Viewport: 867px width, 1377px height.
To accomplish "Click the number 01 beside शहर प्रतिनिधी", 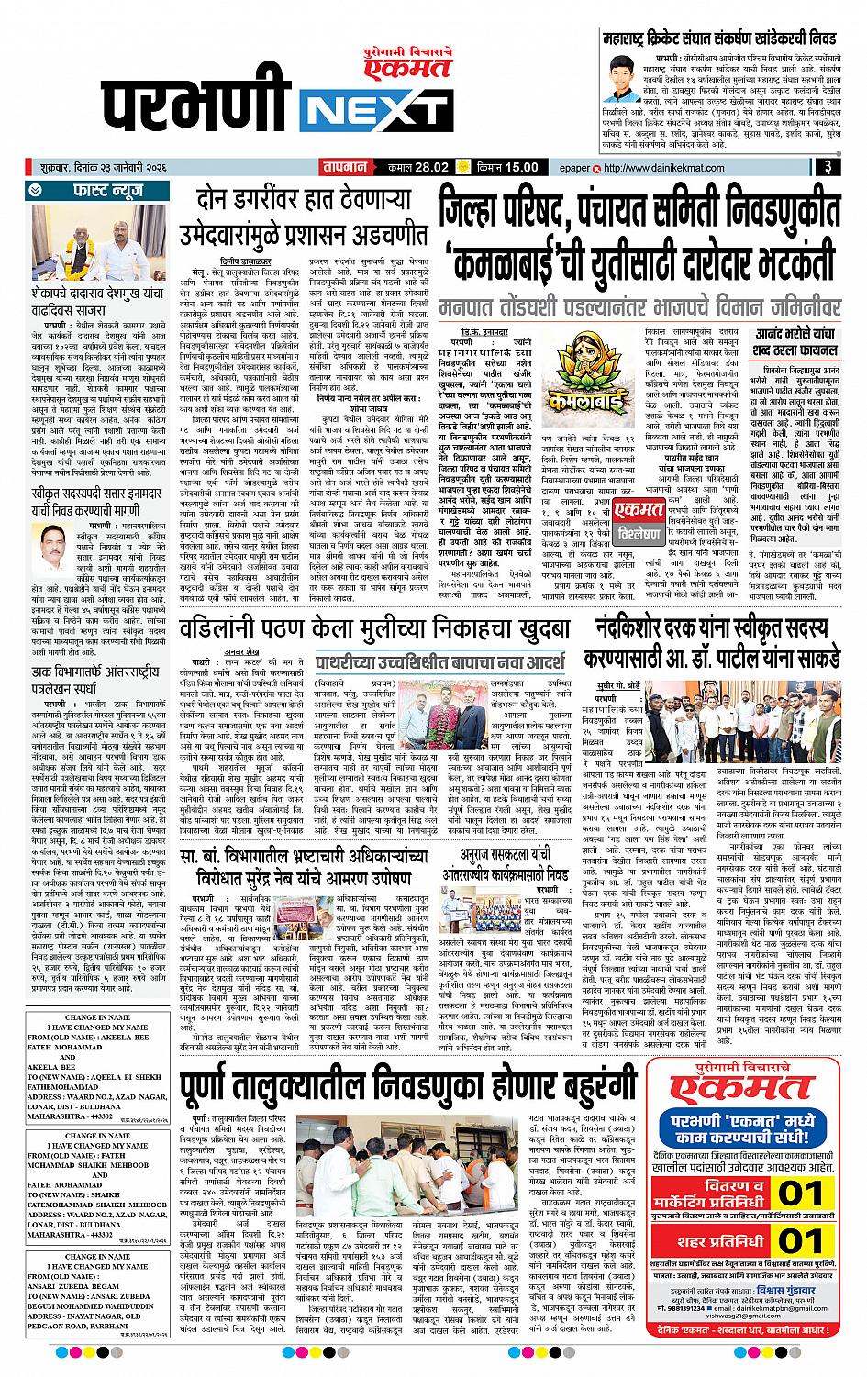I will pos(799,1241).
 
